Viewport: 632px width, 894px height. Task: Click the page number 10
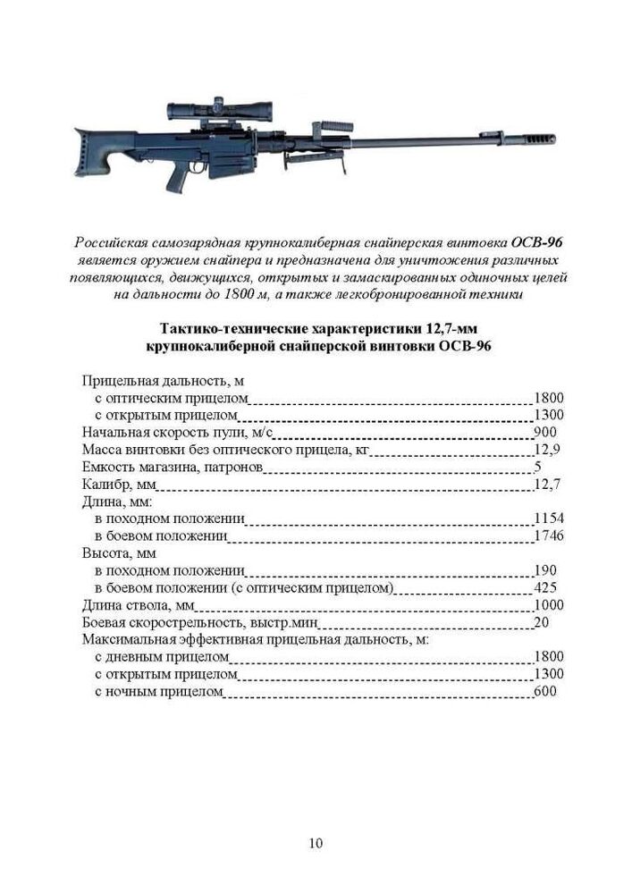tap(316, 843)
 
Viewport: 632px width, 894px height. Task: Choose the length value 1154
tap(548, 519)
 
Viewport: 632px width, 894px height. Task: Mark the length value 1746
tap(548, 536)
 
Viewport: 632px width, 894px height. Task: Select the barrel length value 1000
tap(548, 605)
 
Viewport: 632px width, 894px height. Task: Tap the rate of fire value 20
tap(541, 622)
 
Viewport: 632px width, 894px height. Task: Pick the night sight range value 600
tap(545, 692)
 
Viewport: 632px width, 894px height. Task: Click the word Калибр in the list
tap(105, 485)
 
